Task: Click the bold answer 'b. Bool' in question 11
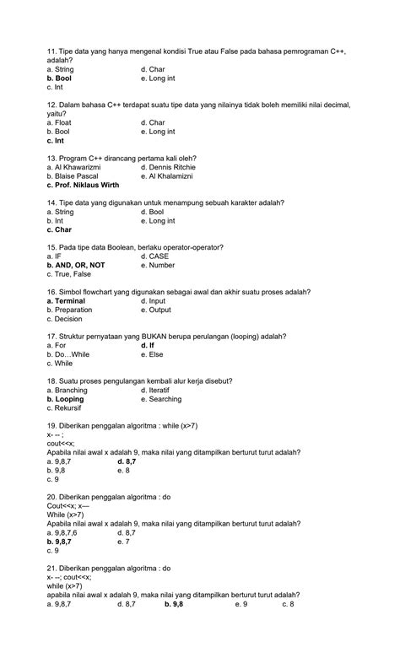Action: [x=64, y=78]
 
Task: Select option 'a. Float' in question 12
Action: [x=62, y=123]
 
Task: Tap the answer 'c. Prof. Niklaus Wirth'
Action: [x=83, y=185]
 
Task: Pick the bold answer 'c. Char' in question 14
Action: [x=60, y=229]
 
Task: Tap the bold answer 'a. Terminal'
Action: [x=67, y=300]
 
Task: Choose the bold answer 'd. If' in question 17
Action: [x=148, y=345]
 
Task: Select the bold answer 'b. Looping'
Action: [x=66, y=399]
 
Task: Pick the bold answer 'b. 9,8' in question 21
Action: [x=174, y=604]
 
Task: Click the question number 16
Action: [x=52, y=292]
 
